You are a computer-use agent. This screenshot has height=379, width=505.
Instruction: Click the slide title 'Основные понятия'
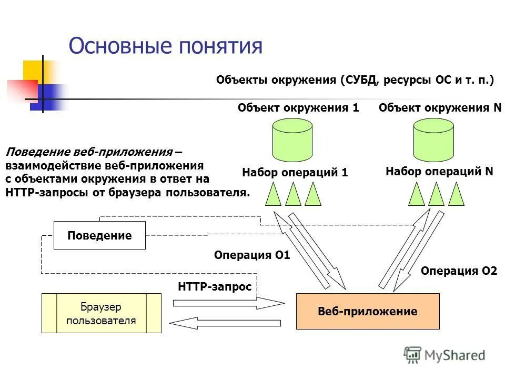click(x=165, y=46)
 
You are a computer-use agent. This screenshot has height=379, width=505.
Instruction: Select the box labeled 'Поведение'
click(x=99, y=235)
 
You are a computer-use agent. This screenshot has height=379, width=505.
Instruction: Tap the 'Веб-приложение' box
click(x=368, y=311)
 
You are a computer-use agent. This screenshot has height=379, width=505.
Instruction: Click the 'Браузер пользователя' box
click(x=101, y=314)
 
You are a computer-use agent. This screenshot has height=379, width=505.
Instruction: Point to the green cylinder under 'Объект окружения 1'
click(x=292, y=141)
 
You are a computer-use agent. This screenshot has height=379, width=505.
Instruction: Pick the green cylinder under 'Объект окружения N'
click(x=433, y=141)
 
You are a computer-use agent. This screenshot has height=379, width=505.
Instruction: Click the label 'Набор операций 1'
click(x=295, y=172)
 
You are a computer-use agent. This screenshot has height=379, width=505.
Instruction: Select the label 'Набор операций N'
click(x=439, y=171)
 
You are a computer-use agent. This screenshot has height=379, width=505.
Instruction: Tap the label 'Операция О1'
click(x=252, y=255)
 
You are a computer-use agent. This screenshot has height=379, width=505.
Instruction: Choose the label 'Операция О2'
click(x=459, y=271)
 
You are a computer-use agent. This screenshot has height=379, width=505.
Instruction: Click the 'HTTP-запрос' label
click(x=215, y=287)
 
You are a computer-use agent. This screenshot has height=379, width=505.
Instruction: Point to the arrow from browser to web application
click(x=228, y=304)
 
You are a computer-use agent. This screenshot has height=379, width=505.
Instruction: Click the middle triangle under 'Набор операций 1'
click(x=293, y=194)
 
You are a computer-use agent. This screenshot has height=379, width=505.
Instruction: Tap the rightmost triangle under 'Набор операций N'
click(x=457, y=194)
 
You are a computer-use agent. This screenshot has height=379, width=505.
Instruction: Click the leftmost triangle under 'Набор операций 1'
click(x=274, y=194)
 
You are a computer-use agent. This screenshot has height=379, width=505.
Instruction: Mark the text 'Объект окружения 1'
click(x=298, y=108)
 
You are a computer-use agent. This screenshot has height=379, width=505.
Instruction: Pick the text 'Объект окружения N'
click(x=440, y=108)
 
